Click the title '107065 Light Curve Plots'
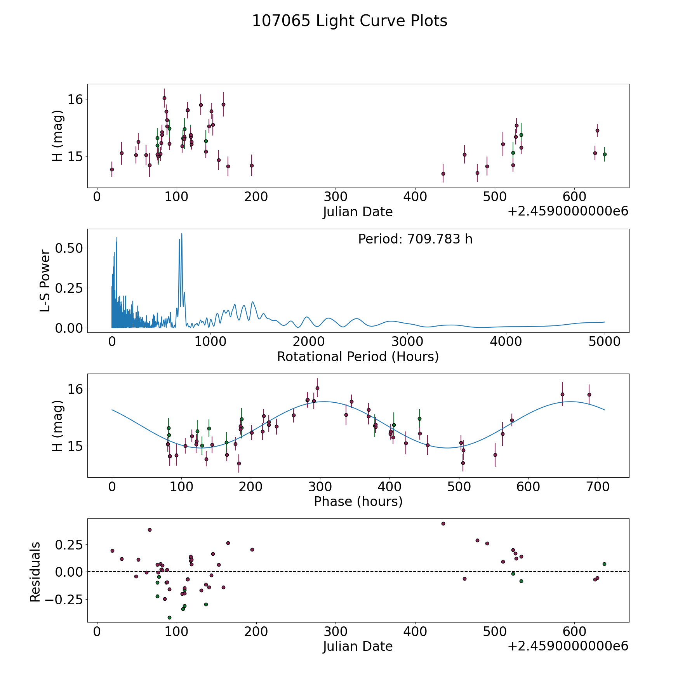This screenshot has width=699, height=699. (x=349, y=21)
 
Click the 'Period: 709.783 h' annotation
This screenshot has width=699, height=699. (x=415, y=239)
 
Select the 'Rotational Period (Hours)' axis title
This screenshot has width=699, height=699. (x=358, y=356)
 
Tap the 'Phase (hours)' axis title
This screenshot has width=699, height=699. (x=358, y=501)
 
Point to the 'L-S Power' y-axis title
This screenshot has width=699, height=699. (x=45, y=281)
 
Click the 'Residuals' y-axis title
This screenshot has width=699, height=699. (x=35, y=572)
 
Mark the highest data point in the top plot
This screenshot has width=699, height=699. (x=164, y=98)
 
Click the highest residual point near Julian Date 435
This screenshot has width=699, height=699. (x=443, y=523)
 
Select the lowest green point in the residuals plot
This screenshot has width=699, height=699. (x=169, y=617)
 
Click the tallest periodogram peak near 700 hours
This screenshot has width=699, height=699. (x=181, y=234)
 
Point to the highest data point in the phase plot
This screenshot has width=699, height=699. (x=317, y=388)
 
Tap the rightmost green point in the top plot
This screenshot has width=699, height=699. (x=605, y=154)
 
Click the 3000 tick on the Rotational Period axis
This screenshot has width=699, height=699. (x=407, y=342)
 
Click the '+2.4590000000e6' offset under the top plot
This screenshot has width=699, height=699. (x=568, y=212)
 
